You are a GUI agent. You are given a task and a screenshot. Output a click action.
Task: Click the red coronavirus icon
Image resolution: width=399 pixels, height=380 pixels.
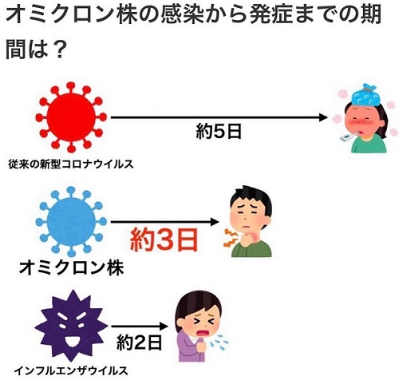[x=71, y=117]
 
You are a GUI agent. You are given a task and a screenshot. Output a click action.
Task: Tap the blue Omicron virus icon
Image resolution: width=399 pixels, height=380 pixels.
[x=71, y=221]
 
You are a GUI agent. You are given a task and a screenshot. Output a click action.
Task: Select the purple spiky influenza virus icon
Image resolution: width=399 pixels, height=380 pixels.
[x=71, y=326]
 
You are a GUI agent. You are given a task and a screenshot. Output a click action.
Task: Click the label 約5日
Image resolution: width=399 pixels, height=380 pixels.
[x=219, y=132]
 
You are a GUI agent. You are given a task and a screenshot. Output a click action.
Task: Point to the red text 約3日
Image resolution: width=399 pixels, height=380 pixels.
[x=164, y=239]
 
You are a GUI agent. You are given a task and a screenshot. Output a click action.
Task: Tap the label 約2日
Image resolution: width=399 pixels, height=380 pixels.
[x=139, y=342]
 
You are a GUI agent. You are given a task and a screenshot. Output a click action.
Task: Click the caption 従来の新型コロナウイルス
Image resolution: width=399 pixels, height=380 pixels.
[x=71, y=164]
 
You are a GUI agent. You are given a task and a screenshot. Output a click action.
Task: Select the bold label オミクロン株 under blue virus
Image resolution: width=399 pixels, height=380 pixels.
[x=71, y=268]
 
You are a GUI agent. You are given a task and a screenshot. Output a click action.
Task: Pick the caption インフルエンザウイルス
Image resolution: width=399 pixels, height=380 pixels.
[x=71, y=370]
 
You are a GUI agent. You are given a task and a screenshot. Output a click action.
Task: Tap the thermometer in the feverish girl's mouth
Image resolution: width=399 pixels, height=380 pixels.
[x=349, y=137]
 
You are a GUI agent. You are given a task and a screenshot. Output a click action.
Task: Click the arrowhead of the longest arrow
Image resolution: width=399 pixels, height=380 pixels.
[x=323, y=117]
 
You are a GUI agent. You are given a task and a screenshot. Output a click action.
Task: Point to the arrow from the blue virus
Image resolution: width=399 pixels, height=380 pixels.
[x=164, y=222]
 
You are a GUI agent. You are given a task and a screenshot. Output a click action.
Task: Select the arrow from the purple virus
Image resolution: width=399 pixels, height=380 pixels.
[x=140, y=326]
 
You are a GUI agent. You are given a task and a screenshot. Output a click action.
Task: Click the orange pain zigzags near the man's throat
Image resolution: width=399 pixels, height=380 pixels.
[x=230, y=237]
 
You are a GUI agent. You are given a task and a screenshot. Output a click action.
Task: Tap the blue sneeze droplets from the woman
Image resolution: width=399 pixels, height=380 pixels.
[x=219, y=342]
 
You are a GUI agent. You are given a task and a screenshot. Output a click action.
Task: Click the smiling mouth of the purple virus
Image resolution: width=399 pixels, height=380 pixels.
[x=71, y=342]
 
